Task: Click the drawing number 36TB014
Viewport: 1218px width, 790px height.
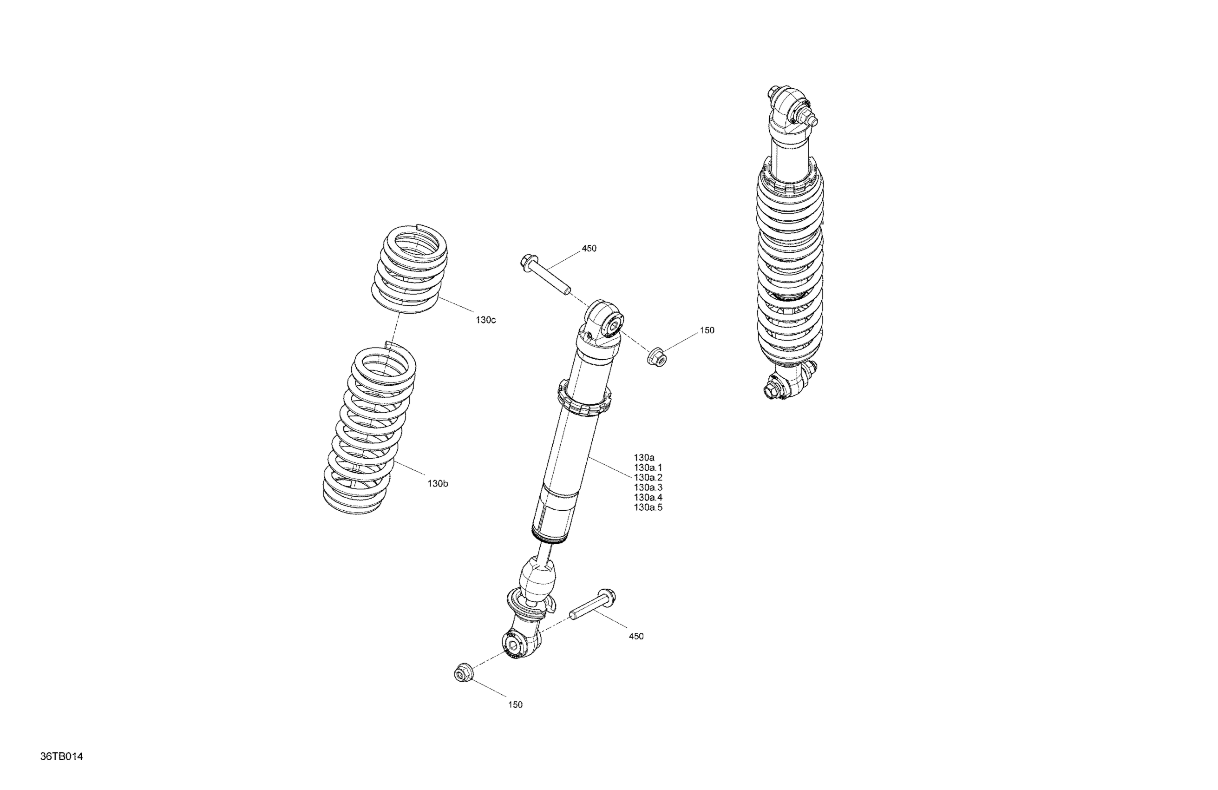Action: (x=61, y=756)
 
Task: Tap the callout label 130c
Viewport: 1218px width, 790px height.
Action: (x=485, y=320)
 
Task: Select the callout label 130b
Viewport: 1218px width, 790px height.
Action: (x=438, y=483)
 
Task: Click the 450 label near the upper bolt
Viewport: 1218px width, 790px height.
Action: (x=589, y=248)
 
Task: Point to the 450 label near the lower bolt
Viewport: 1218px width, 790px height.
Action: (x=636, y=636)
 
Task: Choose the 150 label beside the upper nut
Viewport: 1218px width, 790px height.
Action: (x=707, y=330)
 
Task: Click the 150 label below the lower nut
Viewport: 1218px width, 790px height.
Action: (x=515, y=704)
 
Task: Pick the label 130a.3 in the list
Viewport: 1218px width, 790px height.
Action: (x=648, y=487)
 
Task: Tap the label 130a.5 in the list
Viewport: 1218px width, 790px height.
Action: (x=648, y=507)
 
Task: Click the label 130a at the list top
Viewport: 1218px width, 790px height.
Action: (x=644, y=457)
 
